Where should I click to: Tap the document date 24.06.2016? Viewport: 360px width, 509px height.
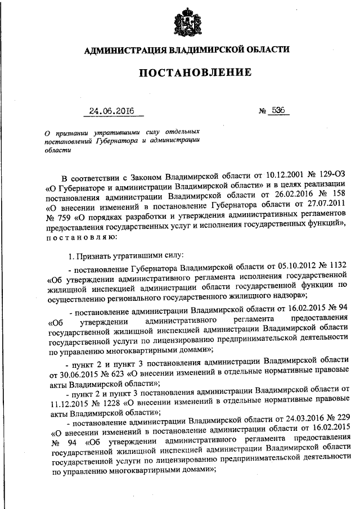[x=112, y=111]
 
